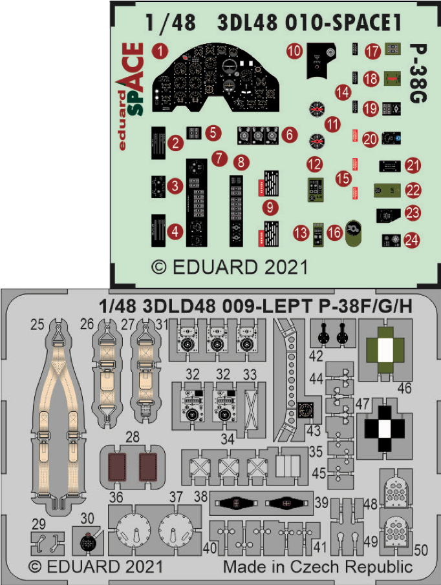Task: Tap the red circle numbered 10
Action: (x=294, y=50)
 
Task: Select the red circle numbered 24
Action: (x=411, y=240)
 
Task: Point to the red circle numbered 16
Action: (x=334, y=233)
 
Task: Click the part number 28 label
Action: (x=132, y=437)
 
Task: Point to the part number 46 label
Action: (x=404, y=388)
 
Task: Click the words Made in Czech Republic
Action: (x=317, y=568)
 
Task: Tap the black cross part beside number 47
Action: (x=385, y=426)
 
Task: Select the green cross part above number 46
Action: (x=385, y=349)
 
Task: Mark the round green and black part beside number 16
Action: (x=354, y=232)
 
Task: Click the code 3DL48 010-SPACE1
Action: (x=310, y=23)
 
